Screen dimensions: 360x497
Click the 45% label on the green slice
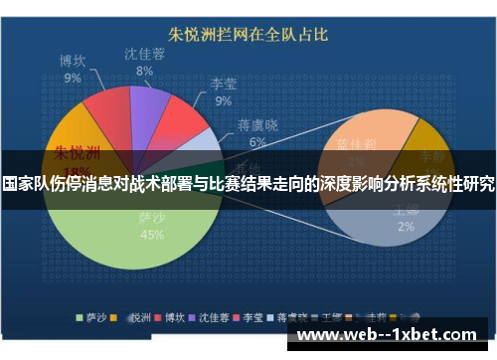[x=153, y=236]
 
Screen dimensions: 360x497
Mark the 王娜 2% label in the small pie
[x=406, y=218]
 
